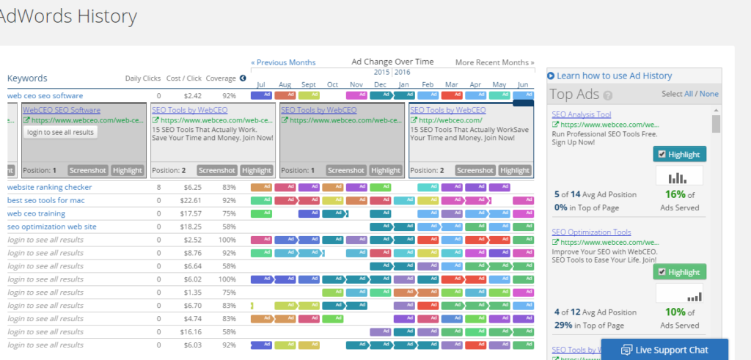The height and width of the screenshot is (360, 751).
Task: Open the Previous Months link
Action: (283, 62)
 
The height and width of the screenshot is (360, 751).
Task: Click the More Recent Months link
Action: (494, 62)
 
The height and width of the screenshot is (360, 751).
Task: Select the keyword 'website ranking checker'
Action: (50, 187)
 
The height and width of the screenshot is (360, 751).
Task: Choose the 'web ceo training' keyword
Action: (37, 213)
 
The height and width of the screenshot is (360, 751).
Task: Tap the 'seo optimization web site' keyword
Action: (52, 227)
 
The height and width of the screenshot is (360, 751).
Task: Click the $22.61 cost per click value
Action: (192, 200)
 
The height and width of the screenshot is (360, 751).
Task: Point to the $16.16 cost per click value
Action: (192, 331)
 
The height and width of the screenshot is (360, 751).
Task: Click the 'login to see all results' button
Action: (60, 132)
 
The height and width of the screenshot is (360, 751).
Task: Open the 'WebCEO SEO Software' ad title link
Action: (62, 110)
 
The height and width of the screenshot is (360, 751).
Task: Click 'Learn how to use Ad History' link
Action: (613, 76)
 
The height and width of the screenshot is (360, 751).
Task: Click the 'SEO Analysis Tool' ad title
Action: (581, 114)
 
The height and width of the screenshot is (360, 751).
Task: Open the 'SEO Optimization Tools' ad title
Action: (591, 232)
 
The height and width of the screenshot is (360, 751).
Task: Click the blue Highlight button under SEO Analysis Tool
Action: (679, 154)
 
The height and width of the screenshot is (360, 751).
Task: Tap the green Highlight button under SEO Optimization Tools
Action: (679, 272)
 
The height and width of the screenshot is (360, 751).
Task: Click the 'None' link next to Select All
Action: (709, 94)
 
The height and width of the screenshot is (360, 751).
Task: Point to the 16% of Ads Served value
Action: (675, 194)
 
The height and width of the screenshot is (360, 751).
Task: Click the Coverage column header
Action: (220, 78)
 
